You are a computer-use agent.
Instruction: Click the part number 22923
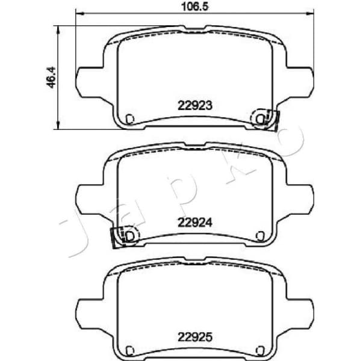(x=195, y=104)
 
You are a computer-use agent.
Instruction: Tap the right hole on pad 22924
(x=259, y=235)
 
